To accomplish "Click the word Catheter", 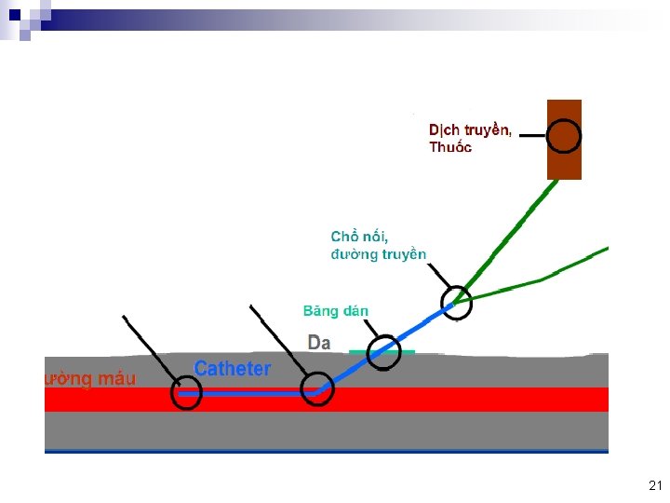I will (232, 369).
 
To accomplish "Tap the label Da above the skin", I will (318, 343).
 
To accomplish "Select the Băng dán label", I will (335, 311).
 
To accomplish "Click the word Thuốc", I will (450, 147).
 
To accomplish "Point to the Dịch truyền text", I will (469, 129).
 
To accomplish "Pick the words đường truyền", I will (379, 254).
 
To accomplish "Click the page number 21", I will (654, 485).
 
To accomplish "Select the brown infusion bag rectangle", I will (564, 163).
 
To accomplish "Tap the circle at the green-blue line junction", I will (456, 302).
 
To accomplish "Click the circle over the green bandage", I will (383, 352).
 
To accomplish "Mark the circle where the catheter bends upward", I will (316, 387).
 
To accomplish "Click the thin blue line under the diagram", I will (326, 452).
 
